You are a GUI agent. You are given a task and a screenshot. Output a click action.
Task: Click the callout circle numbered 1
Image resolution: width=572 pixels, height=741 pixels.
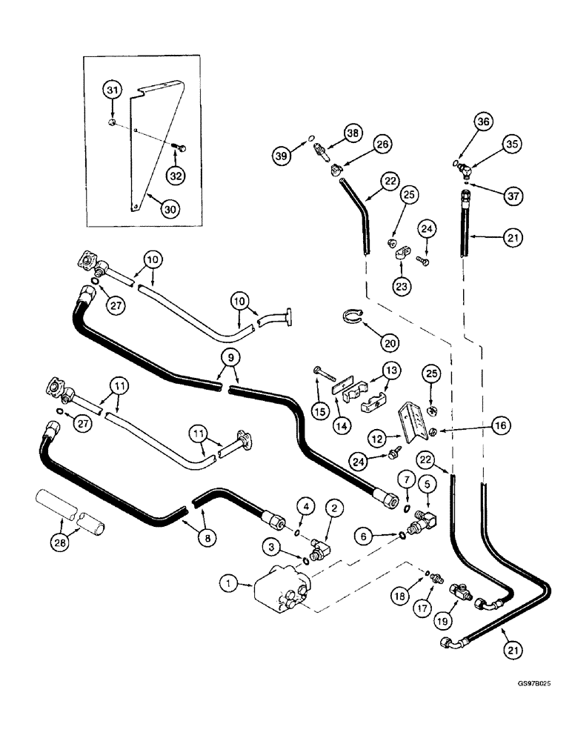coord(230,585)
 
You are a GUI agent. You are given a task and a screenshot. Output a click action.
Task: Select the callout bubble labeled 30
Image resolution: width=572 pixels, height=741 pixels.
coord(171,210)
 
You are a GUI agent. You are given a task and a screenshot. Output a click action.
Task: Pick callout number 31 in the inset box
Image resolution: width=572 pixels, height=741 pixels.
coord(112,90)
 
